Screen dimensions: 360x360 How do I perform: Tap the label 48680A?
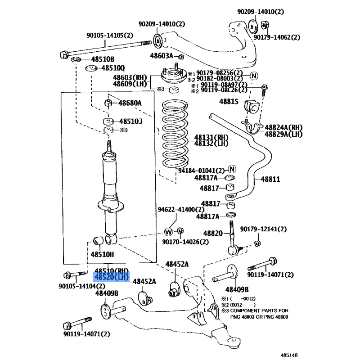(x=130, y=103)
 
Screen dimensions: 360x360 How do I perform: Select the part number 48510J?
(x=130, y=121)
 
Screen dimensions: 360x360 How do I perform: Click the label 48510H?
(x=102, y=254)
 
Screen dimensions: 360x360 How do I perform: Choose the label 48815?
(x=229, y=102)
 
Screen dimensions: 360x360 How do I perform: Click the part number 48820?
(x=213, y=233)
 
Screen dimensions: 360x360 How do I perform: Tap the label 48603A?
(x=162, y=56)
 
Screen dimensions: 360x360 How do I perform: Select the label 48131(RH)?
(x=211, y=137)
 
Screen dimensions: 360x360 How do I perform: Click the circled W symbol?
(x=168, y=232)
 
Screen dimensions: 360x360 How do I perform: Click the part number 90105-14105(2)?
(x=110, y=36)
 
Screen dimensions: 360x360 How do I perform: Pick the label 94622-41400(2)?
(x=180, y=209)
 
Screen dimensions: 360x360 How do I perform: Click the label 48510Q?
(x=112, y=68)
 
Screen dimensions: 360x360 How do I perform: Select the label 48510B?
(x=103, y=59)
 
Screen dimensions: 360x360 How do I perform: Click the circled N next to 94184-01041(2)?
(x=232, y=169)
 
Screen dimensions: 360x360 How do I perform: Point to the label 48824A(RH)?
(x=283, y=128)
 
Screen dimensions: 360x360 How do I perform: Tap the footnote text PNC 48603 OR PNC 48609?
(x=260, y=317)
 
